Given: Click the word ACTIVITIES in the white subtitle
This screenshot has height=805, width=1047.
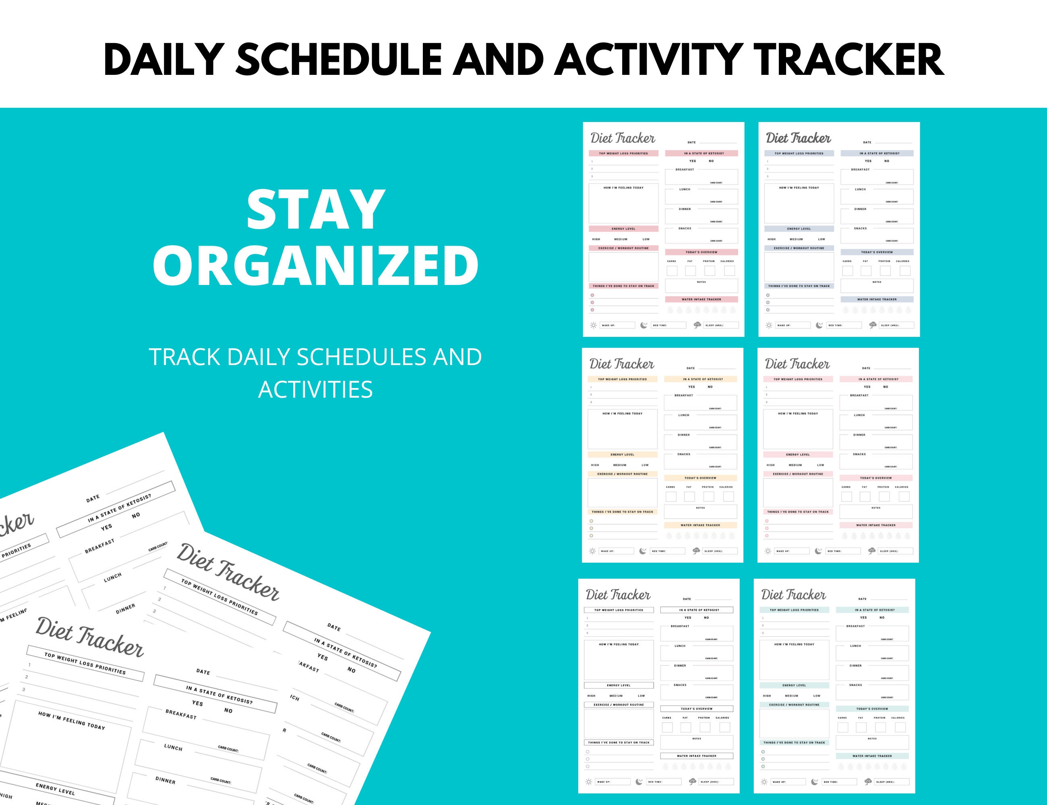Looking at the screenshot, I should click(x=315, y=389).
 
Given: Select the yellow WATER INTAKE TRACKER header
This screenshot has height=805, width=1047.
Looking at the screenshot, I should click(x=700, y=525).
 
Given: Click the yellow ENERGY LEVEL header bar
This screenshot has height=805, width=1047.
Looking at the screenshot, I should click(x=622, y=454).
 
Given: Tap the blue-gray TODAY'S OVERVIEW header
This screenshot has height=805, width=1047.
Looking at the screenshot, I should click(x=876, y=252).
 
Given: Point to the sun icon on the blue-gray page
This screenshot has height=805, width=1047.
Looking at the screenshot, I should click(x=769, y=325).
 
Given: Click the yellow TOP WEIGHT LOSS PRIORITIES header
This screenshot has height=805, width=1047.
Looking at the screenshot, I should click(x=622, y=379).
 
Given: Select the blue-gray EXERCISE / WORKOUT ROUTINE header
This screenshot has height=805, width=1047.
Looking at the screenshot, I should click(x=799, y=248).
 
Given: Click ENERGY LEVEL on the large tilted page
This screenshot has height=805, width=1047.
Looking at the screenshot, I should click(x=55, y=789).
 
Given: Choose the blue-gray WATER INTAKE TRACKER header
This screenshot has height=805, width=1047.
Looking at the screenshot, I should click(x=876, y=299).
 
